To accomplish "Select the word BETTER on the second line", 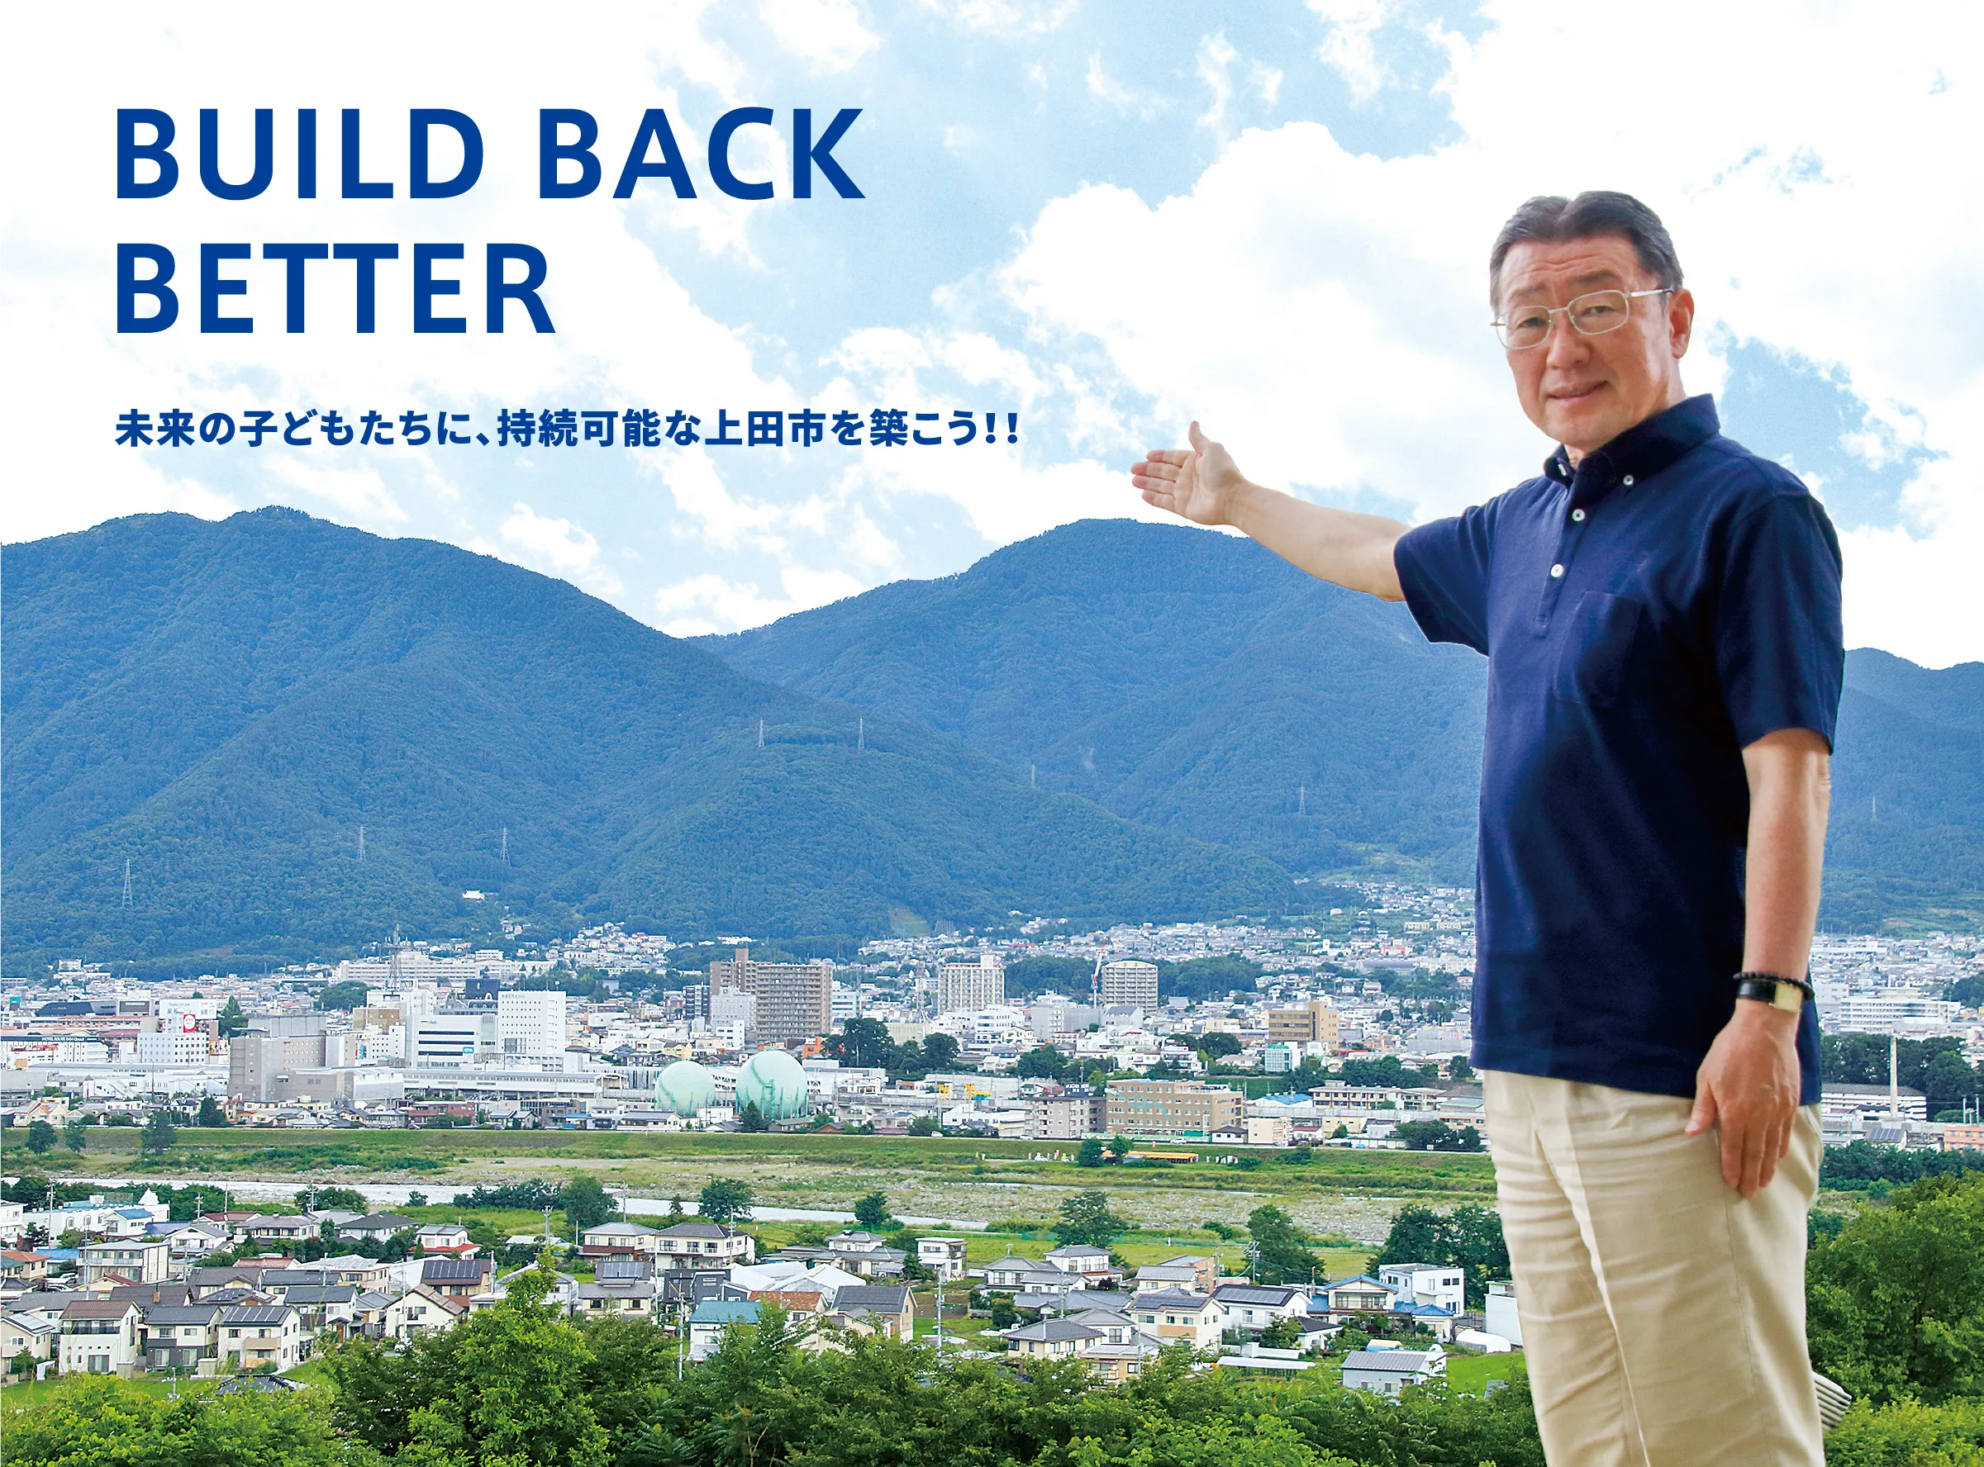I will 335,287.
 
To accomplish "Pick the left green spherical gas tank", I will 685,1088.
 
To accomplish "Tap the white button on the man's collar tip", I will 1630,481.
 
